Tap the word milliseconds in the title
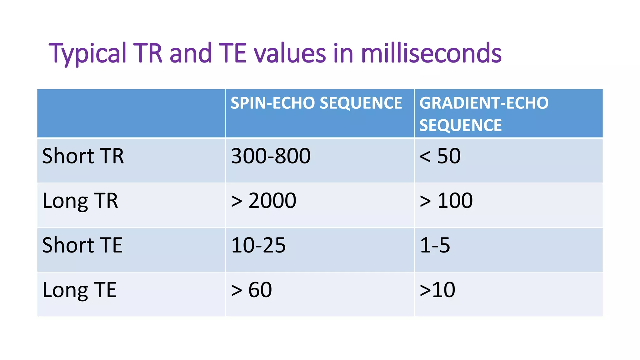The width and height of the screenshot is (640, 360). (431, 53)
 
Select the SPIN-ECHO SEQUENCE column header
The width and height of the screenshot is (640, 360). (316, 103)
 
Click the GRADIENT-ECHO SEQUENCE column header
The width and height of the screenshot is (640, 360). (483, 114)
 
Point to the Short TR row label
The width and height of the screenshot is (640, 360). (83, 156)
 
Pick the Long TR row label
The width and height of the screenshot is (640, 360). (80, 201)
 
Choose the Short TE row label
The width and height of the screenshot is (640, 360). (82, 245)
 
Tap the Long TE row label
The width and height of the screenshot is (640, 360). (79, 290)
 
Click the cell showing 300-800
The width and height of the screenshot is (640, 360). (270, 156)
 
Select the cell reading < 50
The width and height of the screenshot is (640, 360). (440, 156)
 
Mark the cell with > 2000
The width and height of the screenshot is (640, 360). (263, 201)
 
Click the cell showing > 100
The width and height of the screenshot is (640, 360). (446, 201)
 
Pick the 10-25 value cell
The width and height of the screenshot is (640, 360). (258, 245)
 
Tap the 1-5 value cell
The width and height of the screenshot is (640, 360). (435, 245)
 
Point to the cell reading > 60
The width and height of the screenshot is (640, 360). (251, 290)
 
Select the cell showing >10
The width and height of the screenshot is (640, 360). (437, 290)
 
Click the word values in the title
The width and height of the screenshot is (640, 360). (290, 53)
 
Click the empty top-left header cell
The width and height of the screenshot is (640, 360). (131, 113)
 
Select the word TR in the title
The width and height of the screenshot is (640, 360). (148, 53)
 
